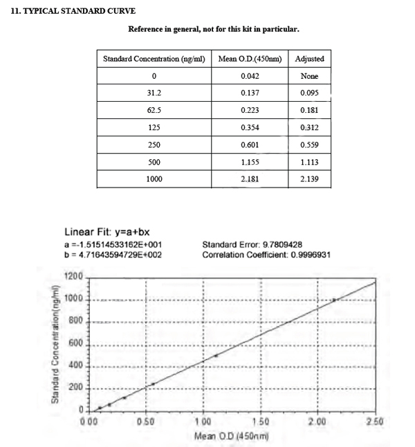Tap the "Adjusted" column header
click(x=309, y=59)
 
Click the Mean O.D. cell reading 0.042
click(x=250, y=76)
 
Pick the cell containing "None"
click(x=309, y=76)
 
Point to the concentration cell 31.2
click(x=154, y=93)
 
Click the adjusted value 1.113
click(x=309, y=163)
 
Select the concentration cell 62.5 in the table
click(x=154, y=111)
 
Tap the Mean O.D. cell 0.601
click(x=250, y=145)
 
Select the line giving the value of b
click(x=113, y=255)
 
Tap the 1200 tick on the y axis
click(x=73, y=277)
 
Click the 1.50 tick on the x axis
click(x=259, y=421)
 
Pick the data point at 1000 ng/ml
click(x=334, y=300)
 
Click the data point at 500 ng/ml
click(x=216, y=356)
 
